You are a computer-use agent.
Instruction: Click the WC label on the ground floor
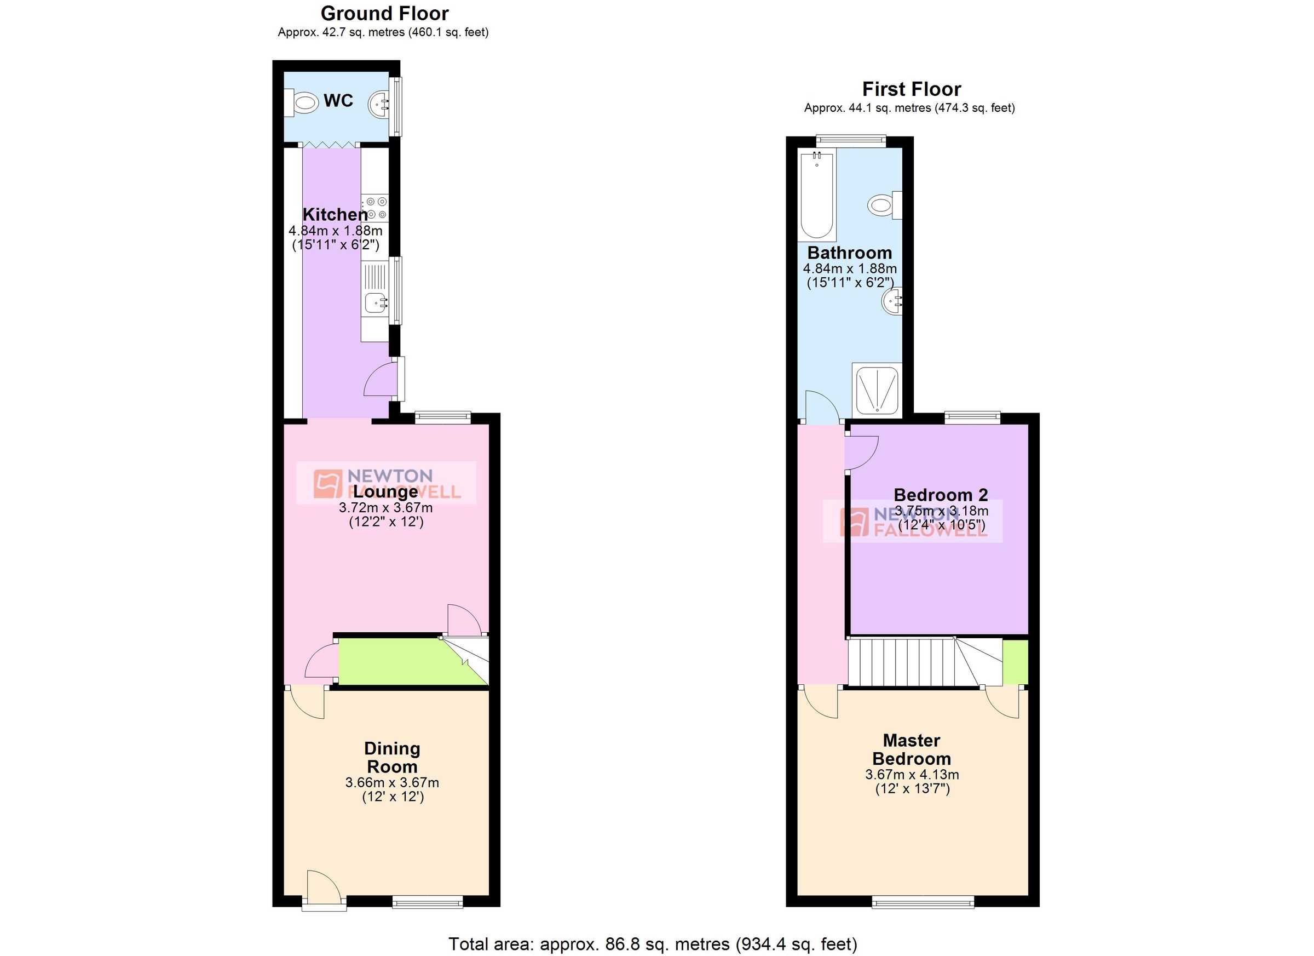(x=338, y=101)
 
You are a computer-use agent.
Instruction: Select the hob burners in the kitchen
(x=376, y=208)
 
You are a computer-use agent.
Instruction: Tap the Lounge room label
(x=385, y=491)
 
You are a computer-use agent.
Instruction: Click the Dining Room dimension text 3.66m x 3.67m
(x=392, y=783)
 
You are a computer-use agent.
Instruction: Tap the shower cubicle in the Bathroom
(x=877, y=389)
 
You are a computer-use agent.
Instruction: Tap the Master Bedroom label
(x=912, y=749)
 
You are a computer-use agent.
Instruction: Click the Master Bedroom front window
(x=923, y=902)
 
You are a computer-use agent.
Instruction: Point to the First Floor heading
(x=912, y=89)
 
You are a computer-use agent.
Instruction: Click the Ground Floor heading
(x=385, y=13)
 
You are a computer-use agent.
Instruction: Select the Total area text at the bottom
(x=653, y=944)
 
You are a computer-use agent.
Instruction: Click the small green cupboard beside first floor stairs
(x=1015, y=662)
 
